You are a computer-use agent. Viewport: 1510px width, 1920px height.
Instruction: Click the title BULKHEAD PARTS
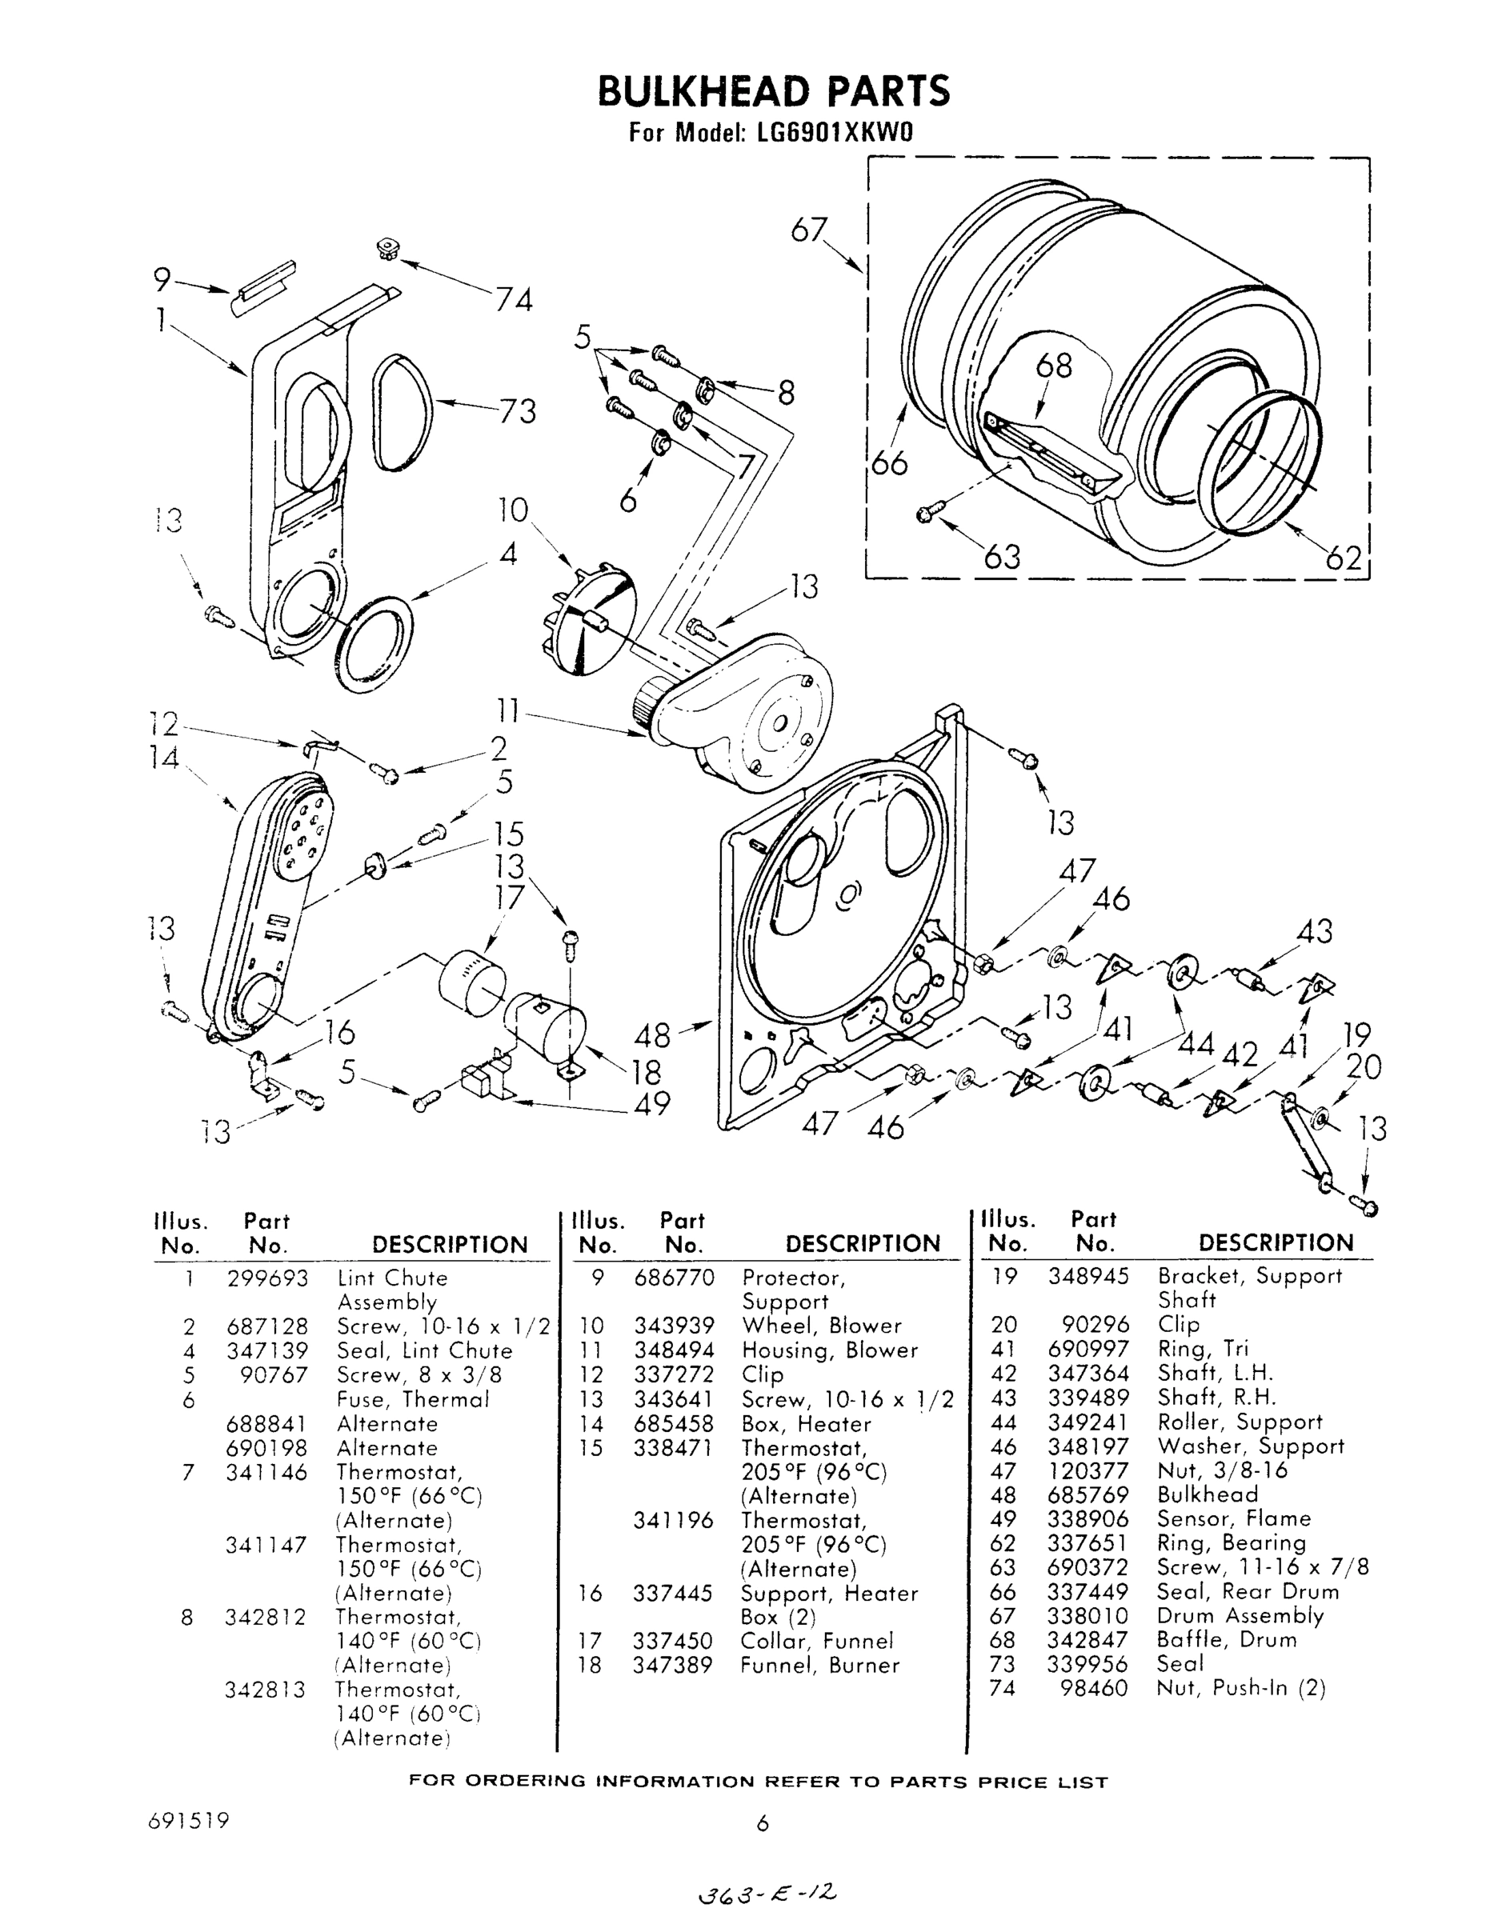[x=774, y=91]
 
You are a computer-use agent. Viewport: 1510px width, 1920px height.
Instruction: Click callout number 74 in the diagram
[x=513, y=301]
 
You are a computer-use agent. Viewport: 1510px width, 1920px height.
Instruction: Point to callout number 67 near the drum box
[x=808, y=230]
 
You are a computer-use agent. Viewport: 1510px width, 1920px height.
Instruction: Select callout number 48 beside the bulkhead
[x=651, y=1035]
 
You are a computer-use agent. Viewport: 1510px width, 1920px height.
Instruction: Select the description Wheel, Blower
[x=821, y=1326]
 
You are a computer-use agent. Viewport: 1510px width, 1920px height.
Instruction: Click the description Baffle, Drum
[x=1227, y=1640]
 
